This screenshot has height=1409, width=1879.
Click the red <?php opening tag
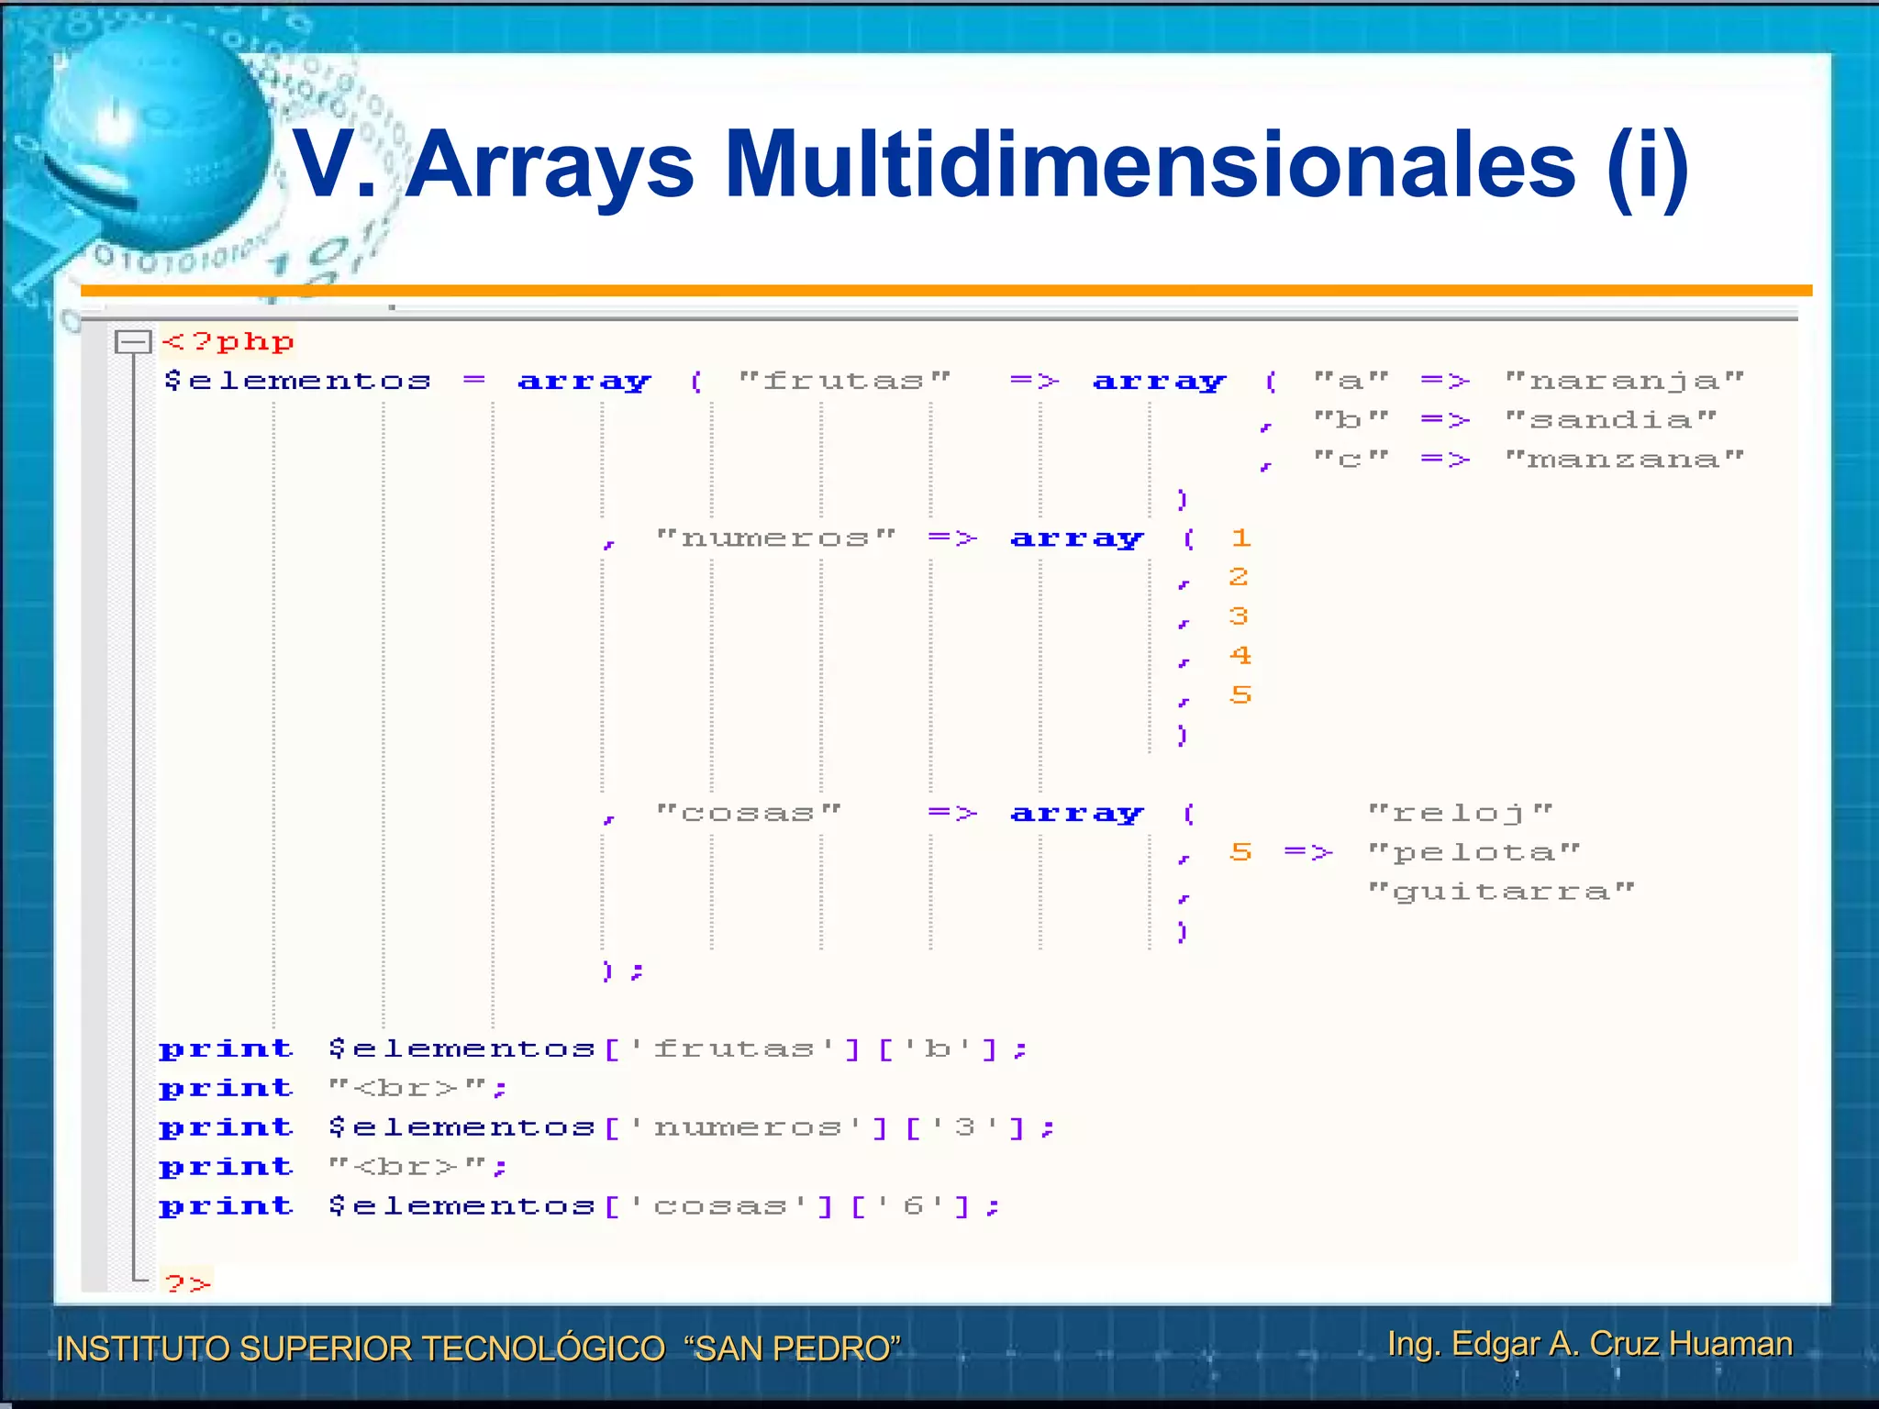pyautogui.click(x=228, y=342)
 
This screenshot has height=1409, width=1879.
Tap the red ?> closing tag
pyautogui.click(x=188, y=1282)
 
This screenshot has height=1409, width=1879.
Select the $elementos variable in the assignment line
pyautogui.click(x=297, y=381)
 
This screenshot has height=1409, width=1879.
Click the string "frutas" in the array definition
pyautogui.click(x=844, y=381)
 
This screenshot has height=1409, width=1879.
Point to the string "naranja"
pyautogui.click(x=1624, y=381)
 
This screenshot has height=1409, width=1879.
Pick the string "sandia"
pyautogui.click(x=1610, y=420)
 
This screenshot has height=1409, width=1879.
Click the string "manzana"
pyautogui.click(x=1624, y=459)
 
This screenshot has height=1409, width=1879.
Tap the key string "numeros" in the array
pyautogui.click(x=775, y=538)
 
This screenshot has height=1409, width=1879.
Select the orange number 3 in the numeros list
pyautogui.click(x=1239, y=616)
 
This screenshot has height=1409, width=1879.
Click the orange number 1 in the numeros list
pyautogui.click(x=1240, y=538)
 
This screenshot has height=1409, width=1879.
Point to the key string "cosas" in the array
pyautogui.click(x=748, y=813)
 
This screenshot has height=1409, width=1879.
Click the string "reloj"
pyautogui.click(x=1460, y=813)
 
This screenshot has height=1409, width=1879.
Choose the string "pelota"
pyautogui.click(x=1473, y=852)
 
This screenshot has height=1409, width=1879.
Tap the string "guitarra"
pyautogui.click(x=1501, y=892)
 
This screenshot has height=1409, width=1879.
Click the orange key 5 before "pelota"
pyautogui.click(x=1240, y=852)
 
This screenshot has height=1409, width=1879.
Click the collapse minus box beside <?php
pyautogui.click(x=133, y=342)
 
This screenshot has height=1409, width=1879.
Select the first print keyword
pyautogui.click(x=227, y=1048)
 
